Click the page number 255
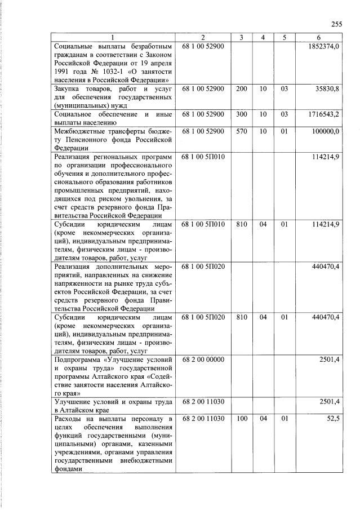click(336, 24)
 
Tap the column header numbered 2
click(203, 37)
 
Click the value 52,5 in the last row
click(332, 419)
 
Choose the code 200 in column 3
click(241, 89)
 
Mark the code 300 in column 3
click(241, 114)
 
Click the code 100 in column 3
click(241, 419)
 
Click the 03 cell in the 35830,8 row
click(285, 89)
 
